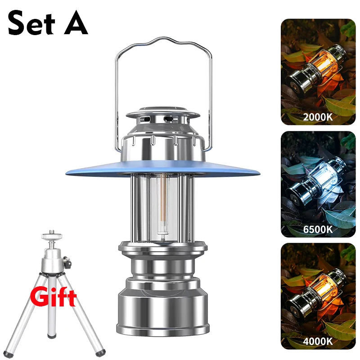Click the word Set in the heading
point(31,23)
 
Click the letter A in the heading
point(76,23)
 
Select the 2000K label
point(318,117)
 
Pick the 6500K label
point(318,229)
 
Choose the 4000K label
point(318,341)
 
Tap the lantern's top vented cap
point(163,114)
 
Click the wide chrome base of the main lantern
point(162,311)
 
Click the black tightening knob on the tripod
point(67,262)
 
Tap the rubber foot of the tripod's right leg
point(100,352)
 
